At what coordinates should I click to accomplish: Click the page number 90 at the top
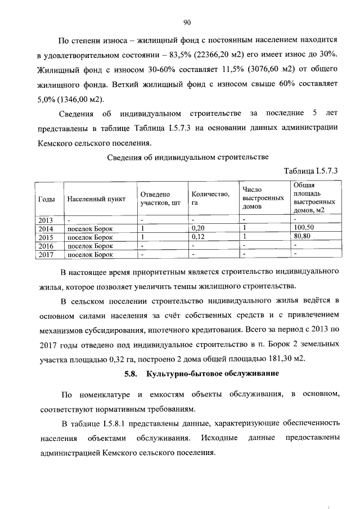[x=187, y=22]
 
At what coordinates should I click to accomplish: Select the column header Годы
[x=46, y=199]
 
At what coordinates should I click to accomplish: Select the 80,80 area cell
[x=302, y=237]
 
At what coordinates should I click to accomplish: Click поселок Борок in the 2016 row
[x=90, y=246]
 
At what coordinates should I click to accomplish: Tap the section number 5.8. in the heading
[x=130, y=373]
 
